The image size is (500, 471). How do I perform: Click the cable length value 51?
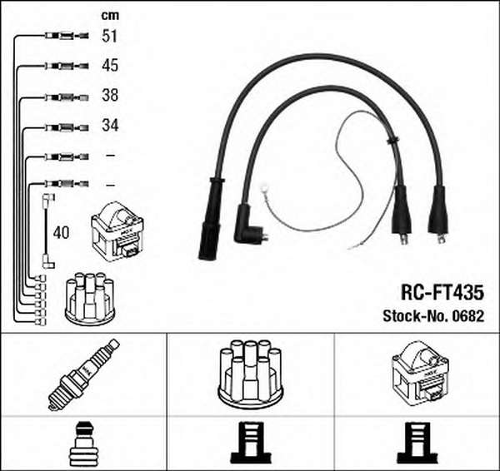pos(110,36)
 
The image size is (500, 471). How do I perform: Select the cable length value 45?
pos(110,65)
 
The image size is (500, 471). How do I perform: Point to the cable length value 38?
pos(110,95)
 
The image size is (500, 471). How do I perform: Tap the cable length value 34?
pos(110,125)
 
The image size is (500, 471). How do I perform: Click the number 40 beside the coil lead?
pos(61,233)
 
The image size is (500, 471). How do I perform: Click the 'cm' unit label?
pos(110,15)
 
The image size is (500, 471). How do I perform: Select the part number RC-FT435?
pos(442,292)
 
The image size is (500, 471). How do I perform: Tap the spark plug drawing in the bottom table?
pos(83,374)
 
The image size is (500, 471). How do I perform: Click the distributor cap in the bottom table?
pos(250,374)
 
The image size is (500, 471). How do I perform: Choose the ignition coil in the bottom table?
pos(420,371)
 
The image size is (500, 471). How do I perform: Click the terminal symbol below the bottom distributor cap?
pos(251,443)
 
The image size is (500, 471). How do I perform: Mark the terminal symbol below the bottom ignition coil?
pos(417,443)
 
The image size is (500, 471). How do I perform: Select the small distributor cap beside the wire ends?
pos(90,299)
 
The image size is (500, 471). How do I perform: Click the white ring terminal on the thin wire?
pos(264,189)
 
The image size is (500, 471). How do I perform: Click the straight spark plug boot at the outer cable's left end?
pos(210,219)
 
